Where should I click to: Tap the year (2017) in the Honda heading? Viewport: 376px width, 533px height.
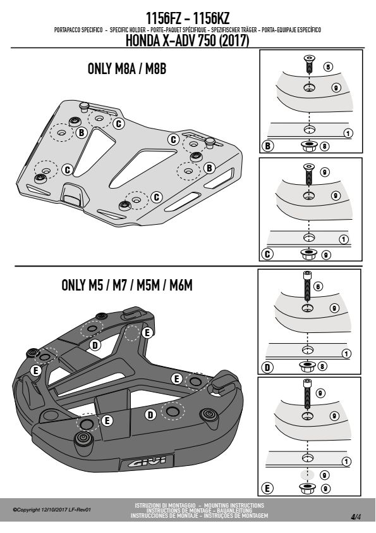(234, 41)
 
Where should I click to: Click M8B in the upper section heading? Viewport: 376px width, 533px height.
(155, 68)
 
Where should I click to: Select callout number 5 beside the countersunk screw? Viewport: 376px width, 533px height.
(328, 67)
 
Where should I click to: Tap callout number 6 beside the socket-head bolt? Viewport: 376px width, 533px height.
(318, 287)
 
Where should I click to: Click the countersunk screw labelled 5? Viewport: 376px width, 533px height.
(309, 64)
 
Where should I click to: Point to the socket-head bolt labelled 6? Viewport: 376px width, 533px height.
(307, 285)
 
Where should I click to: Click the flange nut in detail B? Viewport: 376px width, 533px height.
(309, 146)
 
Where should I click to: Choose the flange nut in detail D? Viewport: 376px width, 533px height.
(308, 366)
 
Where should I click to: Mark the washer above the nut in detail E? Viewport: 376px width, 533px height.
(308, 475)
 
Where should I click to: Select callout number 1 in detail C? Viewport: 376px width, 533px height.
(344, 239)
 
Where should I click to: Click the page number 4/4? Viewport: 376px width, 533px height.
(356, 517)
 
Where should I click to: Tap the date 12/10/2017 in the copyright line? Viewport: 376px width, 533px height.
(53, 510)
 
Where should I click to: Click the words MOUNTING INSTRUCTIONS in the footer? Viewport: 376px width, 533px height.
(234, 506)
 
